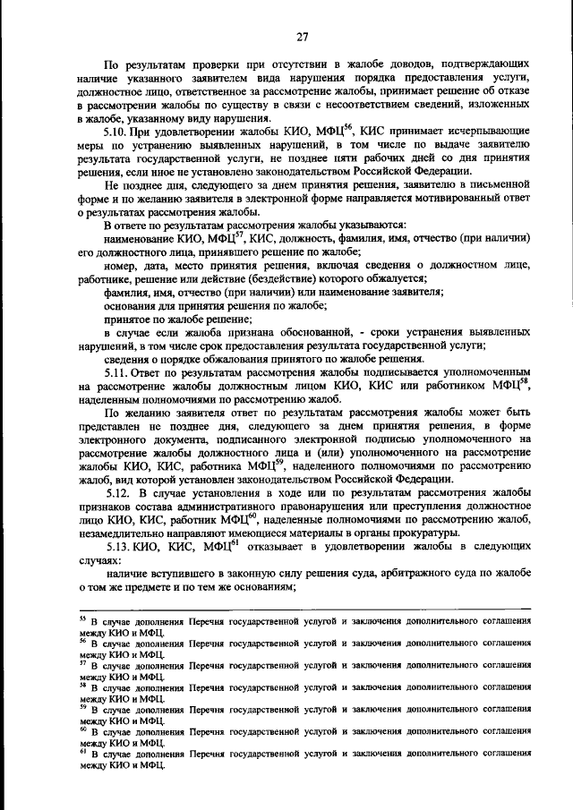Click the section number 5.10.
point(117,132)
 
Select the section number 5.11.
point(117,371)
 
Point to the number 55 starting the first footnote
point(82,618)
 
